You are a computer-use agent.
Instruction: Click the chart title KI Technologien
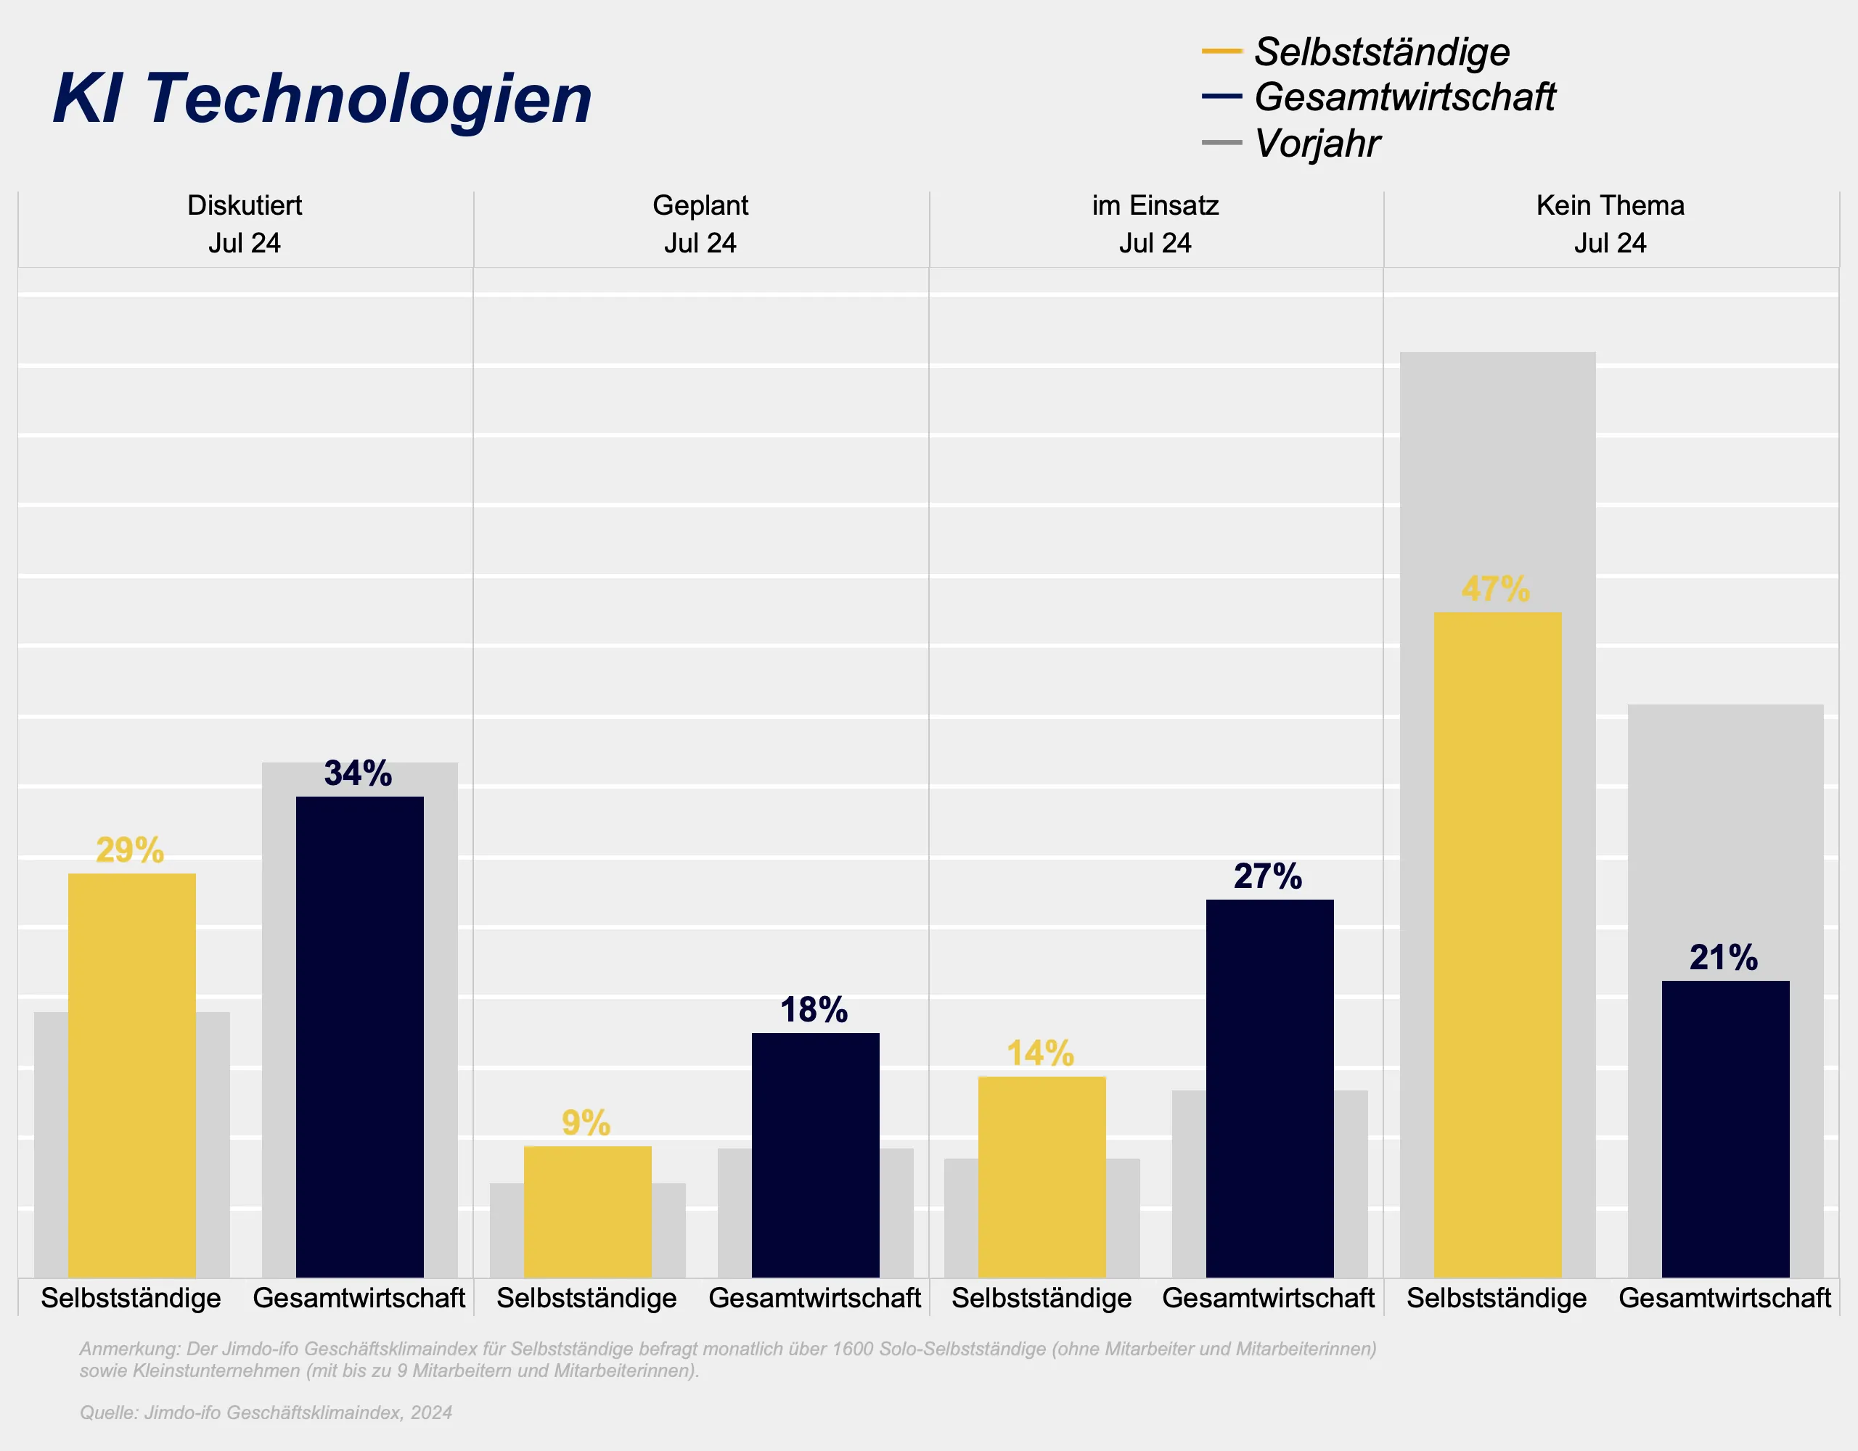[322, 99]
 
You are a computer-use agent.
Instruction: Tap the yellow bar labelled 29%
[132, 1075]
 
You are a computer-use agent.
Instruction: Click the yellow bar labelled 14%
[1041, 1177]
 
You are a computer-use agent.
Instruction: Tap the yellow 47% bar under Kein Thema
[1497, 944]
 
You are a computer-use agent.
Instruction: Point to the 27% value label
[1268, 876]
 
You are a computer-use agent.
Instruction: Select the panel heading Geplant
[700, 205]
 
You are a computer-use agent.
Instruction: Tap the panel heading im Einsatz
[1155, 205]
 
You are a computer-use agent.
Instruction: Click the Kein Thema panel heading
[1610, 205]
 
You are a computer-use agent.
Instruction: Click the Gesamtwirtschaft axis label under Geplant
[814, 1298]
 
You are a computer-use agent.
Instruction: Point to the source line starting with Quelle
[266, 1413]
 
